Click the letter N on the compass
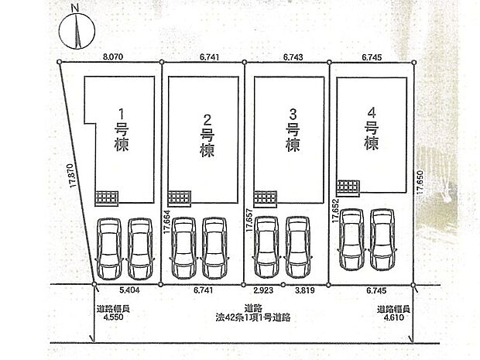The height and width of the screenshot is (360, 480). point(75,9)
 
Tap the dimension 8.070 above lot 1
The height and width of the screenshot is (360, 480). point(113,57)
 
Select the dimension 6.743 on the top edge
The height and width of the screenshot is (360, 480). point(293,57)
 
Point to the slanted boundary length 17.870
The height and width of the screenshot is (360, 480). point(71,176)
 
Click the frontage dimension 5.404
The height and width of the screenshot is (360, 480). point(129,290)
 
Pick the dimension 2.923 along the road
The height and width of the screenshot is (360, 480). point(263,290)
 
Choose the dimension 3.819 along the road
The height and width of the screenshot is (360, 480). point(304,290)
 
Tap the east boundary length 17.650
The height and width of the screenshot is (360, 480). point(420,182)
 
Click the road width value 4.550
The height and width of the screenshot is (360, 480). point(113,317)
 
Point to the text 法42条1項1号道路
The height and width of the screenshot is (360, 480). point(253,317)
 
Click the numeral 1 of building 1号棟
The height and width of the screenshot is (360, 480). point(122,115)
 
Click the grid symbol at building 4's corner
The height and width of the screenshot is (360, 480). point(348,187)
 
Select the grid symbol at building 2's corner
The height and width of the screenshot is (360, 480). point(180,198)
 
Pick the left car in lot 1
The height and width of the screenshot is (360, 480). point(109,249)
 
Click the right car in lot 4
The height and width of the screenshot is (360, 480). point(382,239)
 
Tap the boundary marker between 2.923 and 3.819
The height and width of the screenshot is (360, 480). point(283,285)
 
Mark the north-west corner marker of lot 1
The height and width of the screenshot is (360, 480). point(60,62)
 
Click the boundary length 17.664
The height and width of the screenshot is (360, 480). point(166,222)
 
